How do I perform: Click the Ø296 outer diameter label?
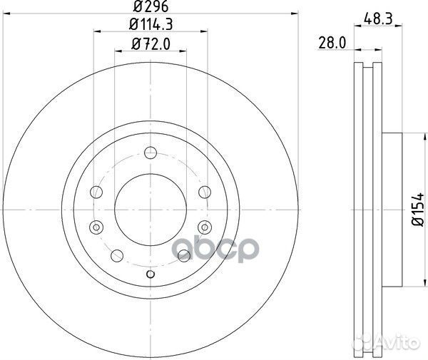pyautogui.click(x=151, y=6)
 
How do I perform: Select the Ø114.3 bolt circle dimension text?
pyautogui.click(x=151, y=24)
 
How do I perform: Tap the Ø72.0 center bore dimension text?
pyautogui.click(x=151, y=44)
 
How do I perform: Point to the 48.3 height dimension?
pyautogui.click(x=378, y=19)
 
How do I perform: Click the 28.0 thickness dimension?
pyautogui.click(x=332, y=43)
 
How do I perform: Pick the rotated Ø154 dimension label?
pyautogui.click(x=418, y=209)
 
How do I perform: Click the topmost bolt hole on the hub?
pyautogui.click(x=151, y=153)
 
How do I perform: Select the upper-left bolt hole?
pyautogui.click(x=96, y=192)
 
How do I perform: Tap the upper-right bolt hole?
pyautogui.click(x=205, y=192)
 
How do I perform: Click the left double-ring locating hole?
pyautogui.click(x=96, y=227)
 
